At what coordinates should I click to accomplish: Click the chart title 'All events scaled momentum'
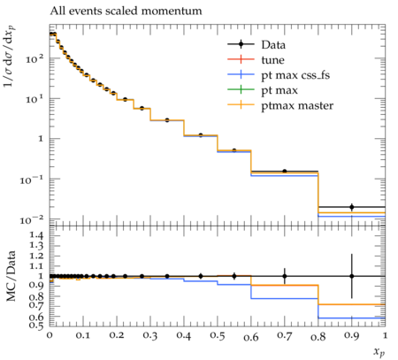tap(126, 11)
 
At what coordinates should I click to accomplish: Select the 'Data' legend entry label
tap(273, 45)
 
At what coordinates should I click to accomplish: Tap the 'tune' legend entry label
tap(272, 60)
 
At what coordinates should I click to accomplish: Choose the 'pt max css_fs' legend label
tap(295, 75)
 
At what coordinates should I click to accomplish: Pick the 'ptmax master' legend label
tap(297, 106)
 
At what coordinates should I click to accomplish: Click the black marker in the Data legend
tap(241, 44)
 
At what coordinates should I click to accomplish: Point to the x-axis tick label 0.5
tap(218, 335)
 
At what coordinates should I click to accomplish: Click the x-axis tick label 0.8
tap(318, 336)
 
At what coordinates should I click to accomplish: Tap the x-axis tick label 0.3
tap(150, 335)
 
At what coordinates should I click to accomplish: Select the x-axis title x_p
tap(379, 352)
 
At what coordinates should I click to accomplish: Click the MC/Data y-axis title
tap(11, 276)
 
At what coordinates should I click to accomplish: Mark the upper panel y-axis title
tap(10, 56)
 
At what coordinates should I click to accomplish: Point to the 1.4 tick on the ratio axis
tap(37, 235)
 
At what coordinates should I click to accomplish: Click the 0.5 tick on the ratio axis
tap(37, 326)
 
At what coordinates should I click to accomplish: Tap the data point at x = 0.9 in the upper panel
tap(352, 207)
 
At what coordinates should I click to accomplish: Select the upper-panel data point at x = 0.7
tap(285, 171)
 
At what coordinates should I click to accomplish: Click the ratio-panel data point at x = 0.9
tap(352, 276)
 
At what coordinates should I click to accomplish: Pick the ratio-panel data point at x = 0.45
tap(201, 276)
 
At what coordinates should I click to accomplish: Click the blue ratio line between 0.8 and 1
tap(352, 318)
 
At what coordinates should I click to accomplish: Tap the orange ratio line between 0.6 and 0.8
tap(285, 285)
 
